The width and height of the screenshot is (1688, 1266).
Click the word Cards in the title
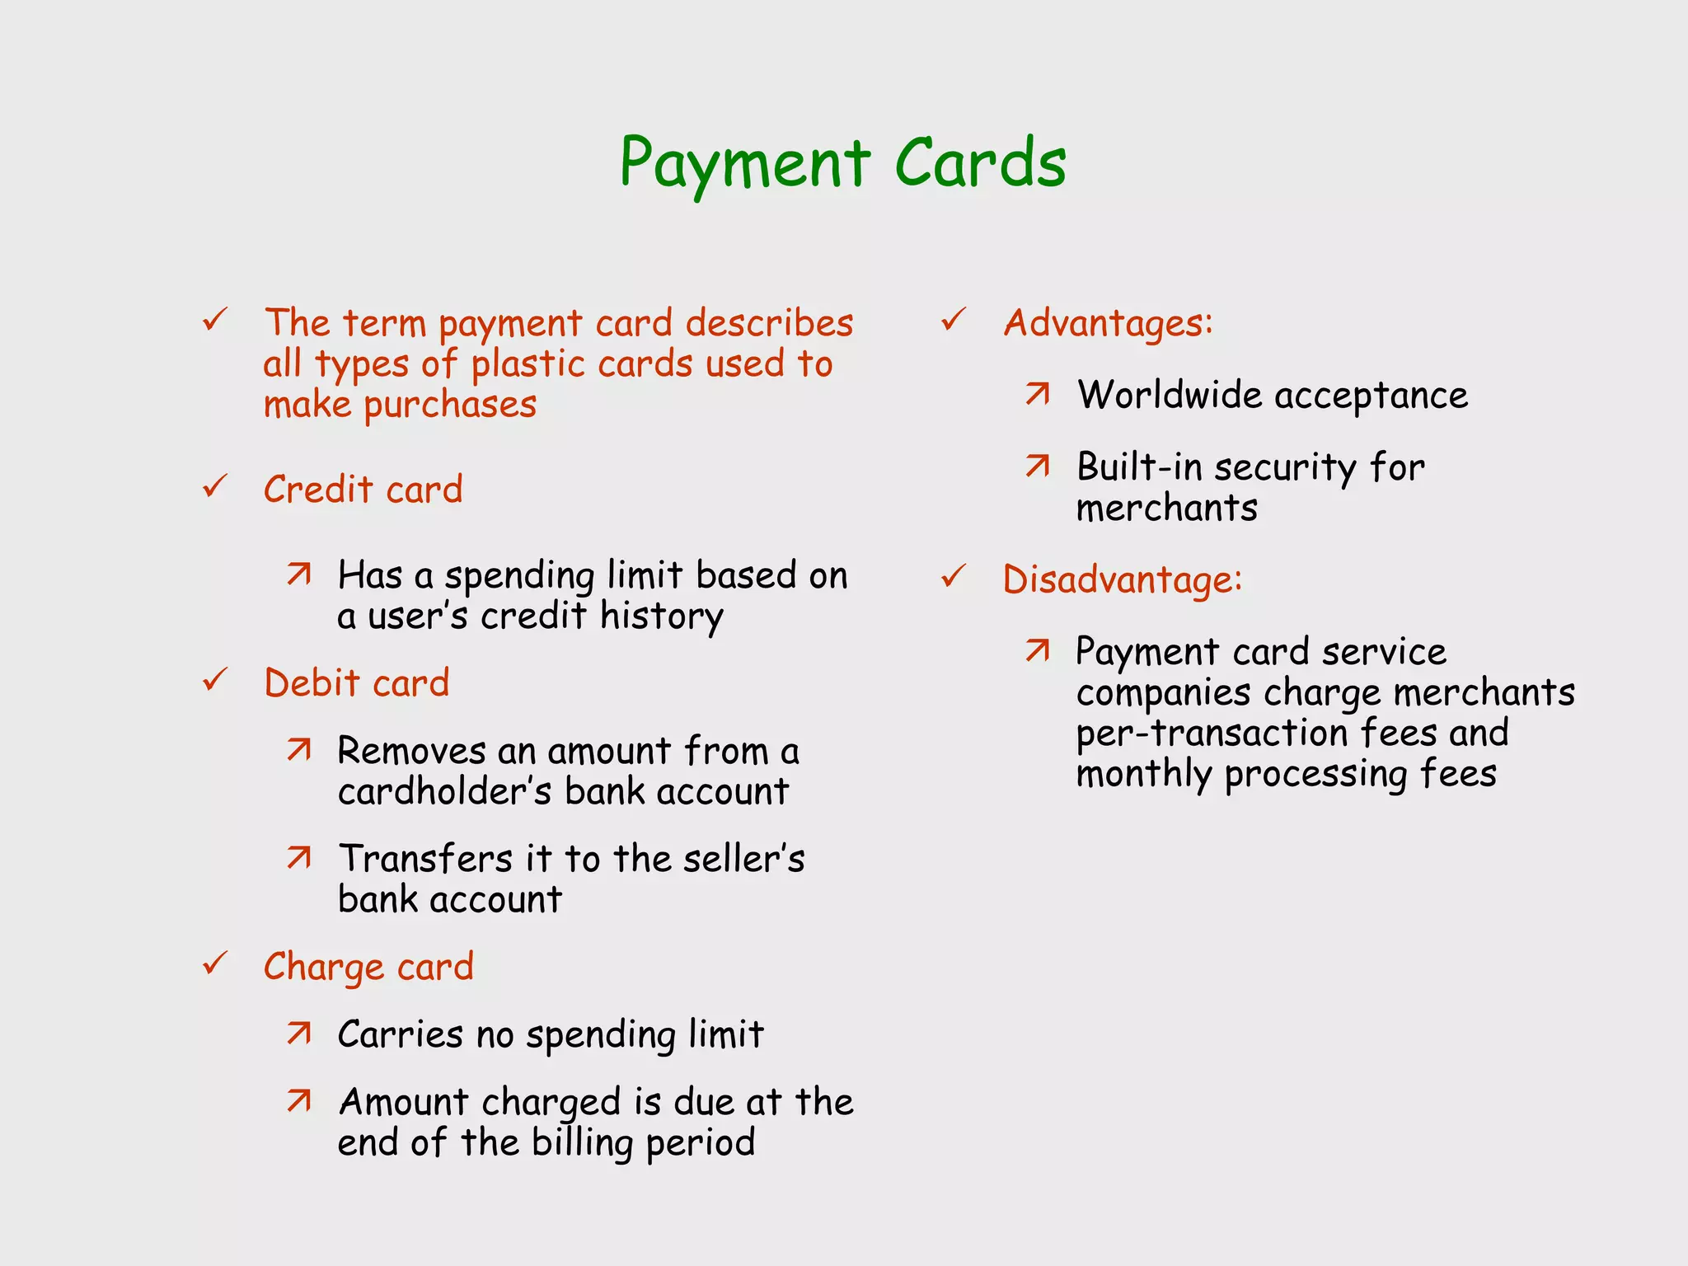980,162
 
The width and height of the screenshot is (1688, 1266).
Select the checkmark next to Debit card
215,680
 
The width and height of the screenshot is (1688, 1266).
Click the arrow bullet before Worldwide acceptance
1038,394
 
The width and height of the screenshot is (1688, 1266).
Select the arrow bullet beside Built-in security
1038,467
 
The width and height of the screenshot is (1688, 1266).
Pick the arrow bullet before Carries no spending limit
299,1033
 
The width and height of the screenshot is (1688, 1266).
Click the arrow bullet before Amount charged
299,1100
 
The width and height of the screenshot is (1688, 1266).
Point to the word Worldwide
1170,395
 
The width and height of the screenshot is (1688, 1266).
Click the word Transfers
425,859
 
